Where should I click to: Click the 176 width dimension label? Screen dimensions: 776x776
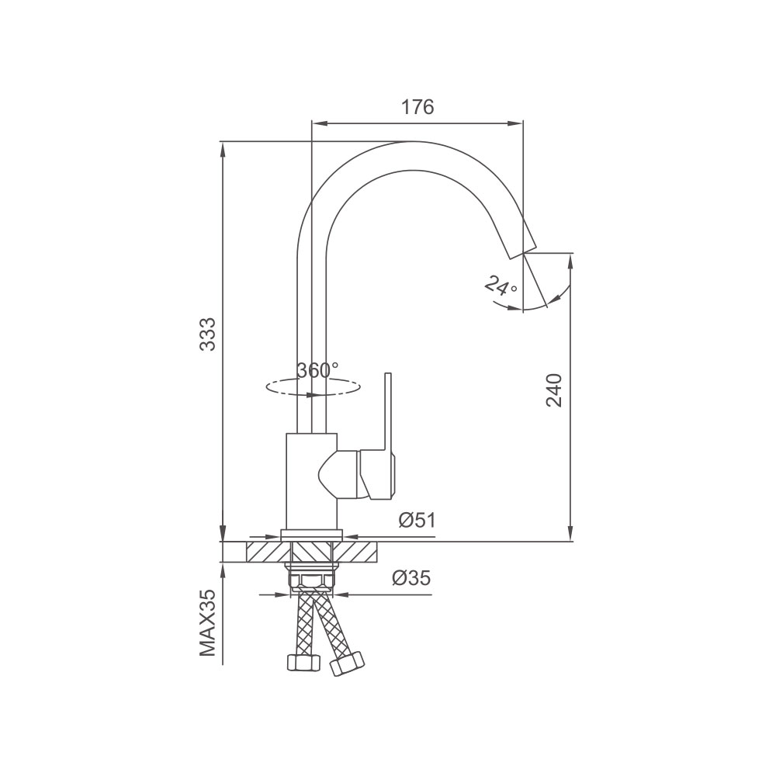(x=417, y=107)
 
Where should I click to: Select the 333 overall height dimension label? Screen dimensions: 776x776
(x=208, y=334)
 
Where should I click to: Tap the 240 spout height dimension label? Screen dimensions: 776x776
(x=554, y=390)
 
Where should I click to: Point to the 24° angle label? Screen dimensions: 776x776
(x=501, y=286)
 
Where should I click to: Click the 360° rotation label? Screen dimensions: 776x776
(x=317, y=369)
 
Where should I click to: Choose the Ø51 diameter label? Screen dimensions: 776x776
(x=417, y=520)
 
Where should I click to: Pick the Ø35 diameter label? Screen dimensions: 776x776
(x=411, y=577)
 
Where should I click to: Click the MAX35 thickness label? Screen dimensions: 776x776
(x=208, y=622)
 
